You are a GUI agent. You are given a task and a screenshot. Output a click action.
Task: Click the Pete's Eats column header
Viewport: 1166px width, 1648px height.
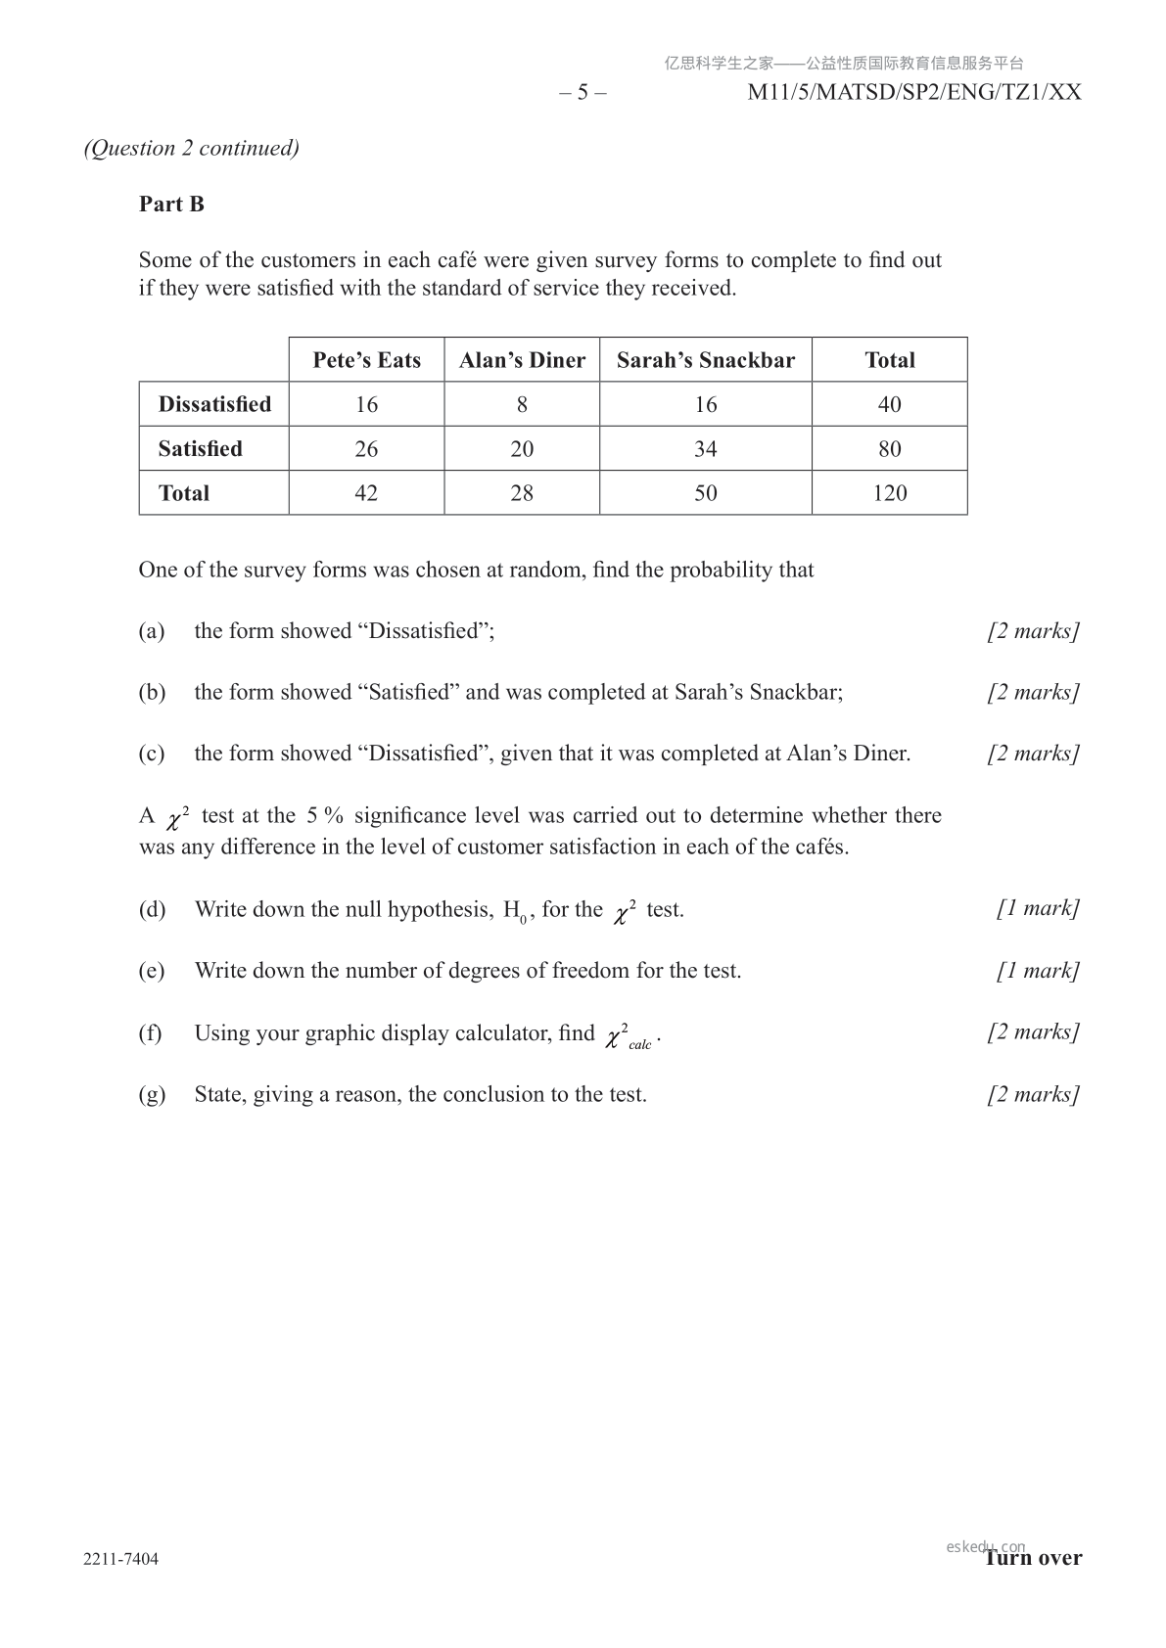tap(366, 360)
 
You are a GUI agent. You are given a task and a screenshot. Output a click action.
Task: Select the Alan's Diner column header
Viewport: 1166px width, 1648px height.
tap(522, 360)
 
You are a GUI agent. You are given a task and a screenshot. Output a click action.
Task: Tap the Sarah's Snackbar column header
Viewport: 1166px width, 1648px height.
tap(705, 360)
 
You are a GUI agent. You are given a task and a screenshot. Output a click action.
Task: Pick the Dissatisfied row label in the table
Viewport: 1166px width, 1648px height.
tap(214, 404)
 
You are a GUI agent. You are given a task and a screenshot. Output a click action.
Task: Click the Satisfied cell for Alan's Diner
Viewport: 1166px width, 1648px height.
tap(522, 449)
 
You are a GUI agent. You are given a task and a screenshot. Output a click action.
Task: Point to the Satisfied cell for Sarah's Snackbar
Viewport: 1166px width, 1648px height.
tap(705, 449)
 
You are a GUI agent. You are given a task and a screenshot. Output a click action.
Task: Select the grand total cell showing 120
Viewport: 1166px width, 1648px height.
tap(889, 493)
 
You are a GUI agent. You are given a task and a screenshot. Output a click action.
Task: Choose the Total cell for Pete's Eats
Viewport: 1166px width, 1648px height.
tap(366, 493)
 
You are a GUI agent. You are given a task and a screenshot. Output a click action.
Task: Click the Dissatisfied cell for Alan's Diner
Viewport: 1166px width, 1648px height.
tap(522, 404)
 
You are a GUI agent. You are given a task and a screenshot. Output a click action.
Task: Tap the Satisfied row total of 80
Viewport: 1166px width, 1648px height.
tap(889, 449)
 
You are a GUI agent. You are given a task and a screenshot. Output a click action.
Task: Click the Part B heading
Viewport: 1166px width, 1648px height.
tap(171, 204)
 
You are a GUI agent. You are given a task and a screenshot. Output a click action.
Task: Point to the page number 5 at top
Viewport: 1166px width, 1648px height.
tap(583, 92)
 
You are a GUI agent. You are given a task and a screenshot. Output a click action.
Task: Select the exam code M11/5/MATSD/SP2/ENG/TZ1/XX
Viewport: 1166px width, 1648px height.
tap(913, 92)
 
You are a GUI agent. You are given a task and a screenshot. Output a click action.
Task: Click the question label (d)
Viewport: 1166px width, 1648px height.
tap(152, 909)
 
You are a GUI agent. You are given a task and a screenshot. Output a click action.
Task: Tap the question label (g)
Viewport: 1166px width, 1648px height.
tap(152, 1094)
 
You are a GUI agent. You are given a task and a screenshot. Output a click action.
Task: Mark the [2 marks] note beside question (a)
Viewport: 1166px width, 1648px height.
tap(1033, 631)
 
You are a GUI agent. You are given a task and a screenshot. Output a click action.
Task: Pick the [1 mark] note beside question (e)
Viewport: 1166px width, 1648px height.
tap(1038, 971)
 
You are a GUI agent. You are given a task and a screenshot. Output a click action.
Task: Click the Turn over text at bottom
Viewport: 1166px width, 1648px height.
tap(1034, 1558)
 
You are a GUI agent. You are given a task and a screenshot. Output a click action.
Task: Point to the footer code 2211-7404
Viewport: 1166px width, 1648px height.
tap(121, 1559)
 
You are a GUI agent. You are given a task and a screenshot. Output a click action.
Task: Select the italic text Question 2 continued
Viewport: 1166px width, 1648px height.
tap(192, 148)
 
